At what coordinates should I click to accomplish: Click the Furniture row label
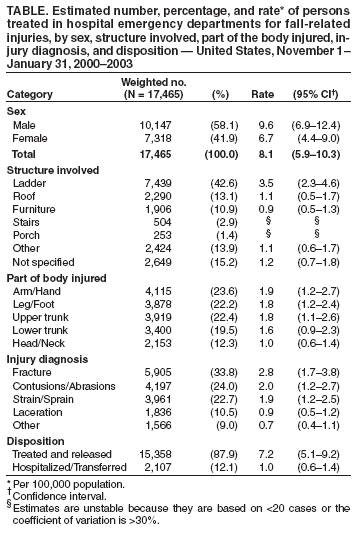click(x=38, y=213)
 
